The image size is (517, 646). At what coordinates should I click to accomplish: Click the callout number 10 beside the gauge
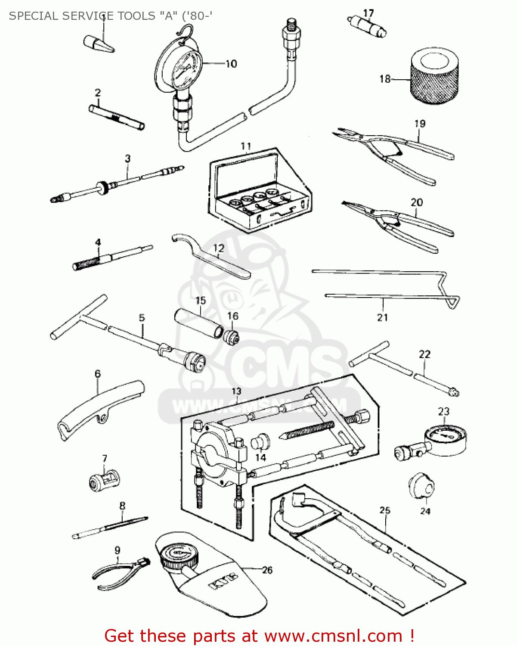pyautogui.click(x=231, y=64)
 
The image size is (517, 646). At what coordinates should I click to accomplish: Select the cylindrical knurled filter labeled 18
pyautogui.click(x=433, y=79)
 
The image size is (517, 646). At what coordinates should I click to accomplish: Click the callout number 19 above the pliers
pyautogui.click(x=420, y=124)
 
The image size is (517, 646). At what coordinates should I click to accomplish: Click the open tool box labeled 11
pyautogui.click(x=258, y=189)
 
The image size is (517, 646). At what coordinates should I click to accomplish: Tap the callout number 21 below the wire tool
pyautogui.click(x=382, y=317)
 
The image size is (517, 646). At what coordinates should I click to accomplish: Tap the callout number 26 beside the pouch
pyautogui.click(x=267, y=570)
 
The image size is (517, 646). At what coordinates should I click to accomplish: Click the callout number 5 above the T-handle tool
pyautogui.click(x=142, y=318)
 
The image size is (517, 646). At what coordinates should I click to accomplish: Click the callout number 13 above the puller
pyautogui.click(x=236, y=391)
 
